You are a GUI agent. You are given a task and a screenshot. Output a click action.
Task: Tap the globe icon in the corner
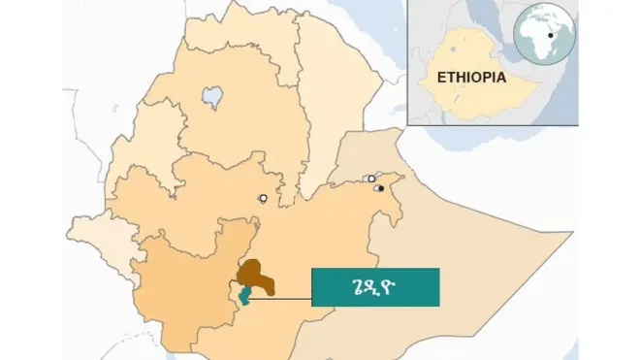(x=544, y=36)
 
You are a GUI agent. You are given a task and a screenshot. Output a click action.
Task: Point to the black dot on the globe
(x=552, y=36)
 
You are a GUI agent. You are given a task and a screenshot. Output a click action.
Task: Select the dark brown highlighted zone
(x=257, y=277)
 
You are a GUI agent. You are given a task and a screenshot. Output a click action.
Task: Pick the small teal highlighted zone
(x=241, y=294)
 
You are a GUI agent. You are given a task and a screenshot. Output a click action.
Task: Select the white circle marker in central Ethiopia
(x=262, y=198)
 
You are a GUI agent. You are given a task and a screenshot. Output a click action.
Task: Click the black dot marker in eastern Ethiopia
(x=381, y=187)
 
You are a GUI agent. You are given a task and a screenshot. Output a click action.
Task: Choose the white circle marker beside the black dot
(x=370, y=179)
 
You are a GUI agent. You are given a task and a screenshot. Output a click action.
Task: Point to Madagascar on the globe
(x=558, y=51)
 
